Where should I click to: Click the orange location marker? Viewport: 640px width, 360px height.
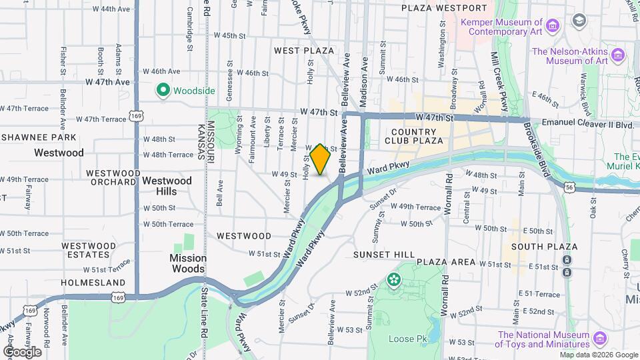(320, 159)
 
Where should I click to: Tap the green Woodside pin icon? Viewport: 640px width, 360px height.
(162, 89)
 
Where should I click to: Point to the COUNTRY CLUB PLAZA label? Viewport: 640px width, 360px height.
(413, 136)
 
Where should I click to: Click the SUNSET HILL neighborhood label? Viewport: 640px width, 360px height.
(385, 255)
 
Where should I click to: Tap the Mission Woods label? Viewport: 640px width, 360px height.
(188, 263)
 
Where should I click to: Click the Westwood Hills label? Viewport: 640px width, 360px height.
(167, 186)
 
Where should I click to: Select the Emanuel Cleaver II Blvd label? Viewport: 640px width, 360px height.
(586, 123)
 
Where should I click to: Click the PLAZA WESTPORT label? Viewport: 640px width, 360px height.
(444, 8)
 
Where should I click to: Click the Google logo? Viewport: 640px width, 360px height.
(22, 351)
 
